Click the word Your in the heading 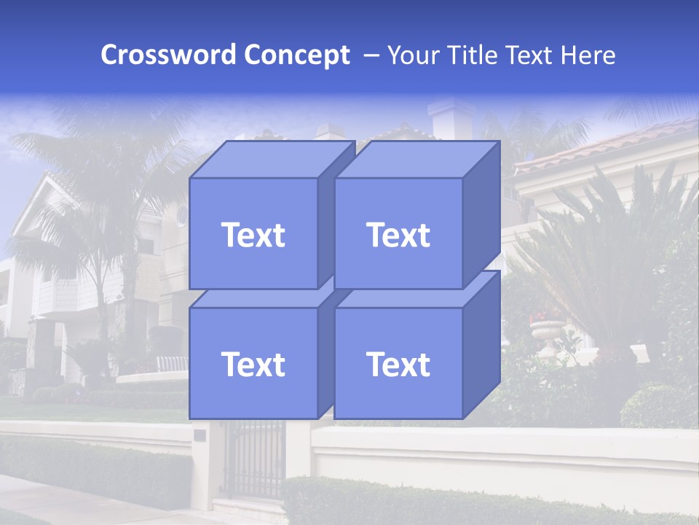(414, 55)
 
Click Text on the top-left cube (253, 235)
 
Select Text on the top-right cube (398, 235)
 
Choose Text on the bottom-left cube (253, 364)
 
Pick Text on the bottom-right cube (398, 364)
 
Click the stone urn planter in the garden (548, 336)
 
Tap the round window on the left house (181, 214)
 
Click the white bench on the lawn (170, 363)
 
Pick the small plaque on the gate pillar (200, 435)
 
